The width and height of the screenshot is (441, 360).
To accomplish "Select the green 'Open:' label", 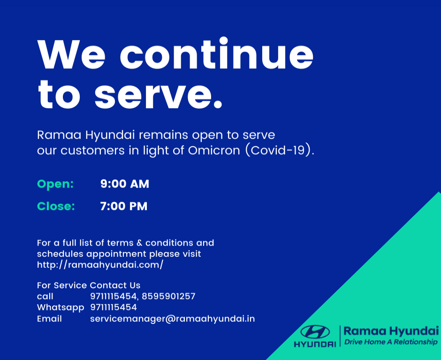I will [x=55, y=184].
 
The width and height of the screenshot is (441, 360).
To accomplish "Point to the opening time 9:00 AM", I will [x=125, y=184].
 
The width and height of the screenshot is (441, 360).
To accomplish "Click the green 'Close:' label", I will [x=56, y=206].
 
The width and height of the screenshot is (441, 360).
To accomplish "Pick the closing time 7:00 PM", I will [x=124, y=206].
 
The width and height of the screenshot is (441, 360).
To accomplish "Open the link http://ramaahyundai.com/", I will [x=100, y=265].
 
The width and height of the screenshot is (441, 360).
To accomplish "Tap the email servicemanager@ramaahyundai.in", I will [x=172, y=319].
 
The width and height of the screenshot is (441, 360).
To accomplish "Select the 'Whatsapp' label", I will [x=61, y=308].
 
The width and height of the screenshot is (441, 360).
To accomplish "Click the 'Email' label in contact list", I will [x=49, y=319].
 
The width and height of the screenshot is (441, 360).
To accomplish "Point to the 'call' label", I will [x=45, y=297].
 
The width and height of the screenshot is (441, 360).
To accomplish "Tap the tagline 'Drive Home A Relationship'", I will [x=391, y=342].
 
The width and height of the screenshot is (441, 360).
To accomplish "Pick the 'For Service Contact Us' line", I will [x=89, y=285].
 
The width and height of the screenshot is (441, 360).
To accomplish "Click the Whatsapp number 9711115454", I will [x=114, y=308].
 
